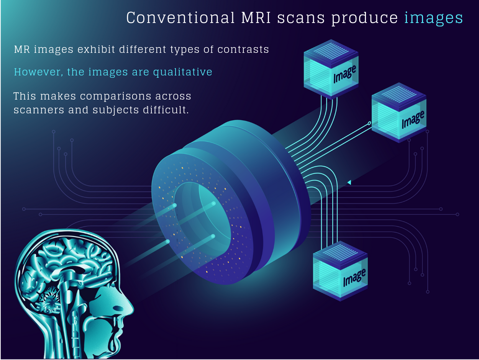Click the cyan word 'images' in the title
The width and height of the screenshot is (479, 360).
click(x=433, y=18)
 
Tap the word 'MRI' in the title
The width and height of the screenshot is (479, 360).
click(x=256, y=18)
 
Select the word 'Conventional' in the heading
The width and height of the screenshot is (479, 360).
click(x=180, y=18)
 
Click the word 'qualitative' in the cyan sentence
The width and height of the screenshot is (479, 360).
click(x=183, y=72)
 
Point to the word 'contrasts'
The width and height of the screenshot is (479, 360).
click(x=243, y=49)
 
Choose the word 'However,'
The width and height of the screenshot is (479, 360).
click(x=38, y=72)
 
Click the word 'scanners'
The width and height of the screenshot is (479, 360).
click(x=39, y=110)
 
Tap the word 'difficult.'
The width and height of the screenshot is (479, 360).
click(x=166, y=110)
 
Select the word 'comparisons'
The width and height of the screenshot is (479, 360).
click(x=116, y=97)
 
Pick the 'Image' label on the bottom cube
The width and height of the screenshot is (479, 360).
click(x=354, y=277)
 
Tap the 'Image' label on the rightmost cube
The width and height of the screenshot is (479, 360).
click(x=413, y=119)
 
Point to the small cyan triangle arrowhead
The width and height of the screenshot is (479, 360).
click(x=349, y=182)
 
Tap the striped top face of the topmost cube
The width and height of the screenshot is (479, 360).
click(x=331, y=51)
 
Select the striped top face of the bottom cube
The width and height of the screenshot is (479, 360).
click(x=340, y=252)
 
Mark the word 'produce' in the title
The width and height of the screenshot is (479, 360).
click(x=365, y=18)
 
